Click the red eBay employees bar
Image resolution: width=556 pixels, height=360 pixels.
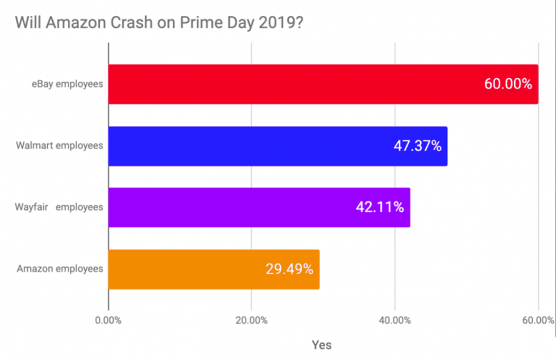(297, 84)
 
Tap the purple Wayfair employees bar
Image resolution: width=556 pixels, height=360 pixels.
(232, 207)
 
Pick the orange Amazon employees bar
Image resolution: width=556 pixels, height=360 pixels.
(185, 269)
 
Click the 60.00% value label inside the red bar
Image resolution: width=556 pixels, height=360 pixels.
(508, 84)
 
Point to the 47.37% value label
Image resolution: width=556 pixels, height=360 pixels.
(417, 146)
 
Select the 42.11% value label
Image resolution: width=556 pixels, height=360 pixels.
(379, 207)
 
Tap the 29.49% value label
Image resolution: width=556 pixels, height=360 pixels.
(289, 269)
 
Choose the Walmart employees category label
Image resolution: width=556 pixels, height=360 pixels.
(59, 145)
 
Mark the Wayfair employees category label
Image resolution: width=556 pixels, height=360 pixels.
(59, 207)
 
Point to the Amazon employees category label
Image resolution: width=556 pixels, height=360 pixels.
(60, 269)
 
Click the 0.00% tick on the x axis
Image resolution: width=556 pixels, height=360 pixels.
(108, 321)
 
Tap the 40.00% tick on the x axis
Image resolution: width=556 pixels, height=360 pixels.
(395, 321)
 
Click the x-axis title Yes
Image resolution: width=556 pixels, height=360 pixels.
(322, 345)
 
